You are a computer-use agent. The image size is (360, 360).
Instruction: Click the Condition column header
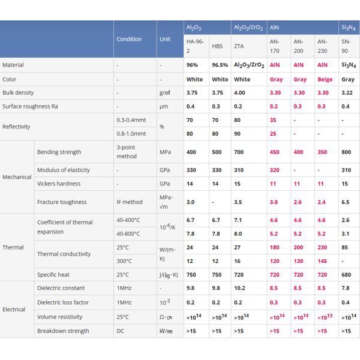(129, 40)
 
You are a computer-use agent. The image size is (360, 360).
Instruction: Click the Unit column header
(165, 40)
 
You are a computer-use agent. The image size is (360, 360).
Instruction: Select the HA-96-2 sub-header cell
(195, 46)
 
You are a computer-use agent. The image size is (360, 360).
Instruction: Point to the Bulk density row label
(18, 93)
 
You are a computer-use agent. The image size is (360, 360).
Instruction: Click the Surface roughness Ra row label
(30, 106)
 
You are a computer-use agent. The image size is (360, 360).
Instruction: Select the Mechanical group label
(17, 177)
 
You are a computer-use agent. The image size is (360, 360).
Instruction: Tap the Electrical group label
(14, 310)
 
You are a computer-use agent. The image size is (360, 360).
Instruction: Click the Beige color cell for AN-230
(325, 79)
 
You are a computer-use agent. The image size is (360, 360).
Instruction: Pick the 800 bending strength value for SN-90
(346, 152)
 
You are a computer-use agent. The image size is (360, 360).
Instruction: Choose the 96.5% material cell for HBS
(220, 65)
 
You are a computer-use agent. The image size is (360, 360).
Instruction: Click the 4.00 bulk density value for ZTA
(240, 93)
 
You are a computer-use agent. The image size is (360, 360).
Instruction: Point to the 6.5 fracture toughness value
(346, 202)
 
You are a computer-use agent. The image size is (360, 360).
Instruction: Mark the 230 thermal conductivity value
(323, 247)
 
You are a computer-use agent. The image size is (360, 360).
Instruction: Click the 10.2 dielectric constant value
(239, 289)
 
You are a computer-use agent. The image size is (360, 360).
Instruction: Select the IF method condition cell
(130, 202)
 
